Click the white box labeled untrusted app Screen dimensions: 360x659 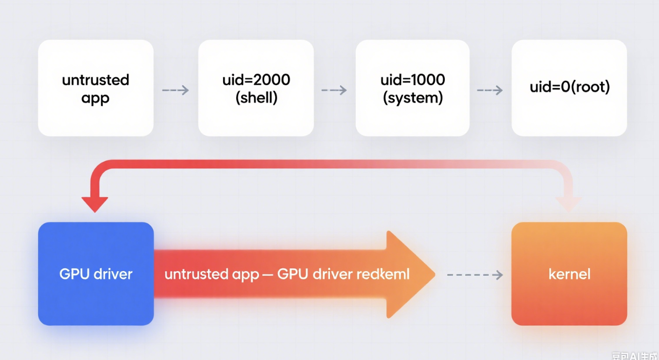pyautogui.click(x=95, y=88)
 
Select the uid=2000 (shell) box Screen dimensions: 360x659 pyautogui.click(x=256, y=88)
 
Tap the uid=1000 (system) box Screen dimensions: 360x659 pyautogui.click(x=412, y=88)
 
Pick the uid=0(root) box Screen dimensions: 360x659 pyautogui.click(x=569, y=88)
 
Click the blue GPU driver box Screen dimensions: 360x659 pyautogui.click(x=96, y=274)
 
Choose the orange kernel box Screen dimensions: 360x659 pyautogui.click(x=569, y=274)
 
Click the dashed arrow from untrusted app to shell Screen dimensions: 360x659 pyautogui.click(x=175, y=91)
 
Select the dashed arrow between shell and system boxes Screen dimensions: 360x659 pyautogui.click(x=334, y=91)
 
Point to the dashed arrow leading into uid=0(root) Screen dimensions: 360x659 pyautogui.click(x=490, y=91)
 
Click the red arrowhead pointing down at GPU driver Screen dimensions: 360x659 pyautogui.click(x=95, y=203)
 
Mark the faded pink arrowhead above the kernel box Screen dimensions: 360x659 pyautogui.click(x=568, y=203)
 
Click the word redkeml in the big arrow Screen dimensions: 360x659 pyautogui.click(x=383, y=274)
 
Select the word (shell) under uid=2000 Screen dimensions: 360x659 pyautogui.click(x=256, y=98)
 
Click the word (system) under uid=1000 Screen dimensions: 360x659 pyautogui.click(x=413, y=98)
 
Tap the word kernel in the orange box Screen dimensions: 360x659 pyautogui.click(x=569, y=274)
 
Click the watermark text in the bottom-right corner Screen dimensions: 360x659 pyautogui.click(x=634, y=356)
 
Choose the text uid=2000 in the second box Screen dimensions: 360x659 pyautogui.click(x=256, y=80)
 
